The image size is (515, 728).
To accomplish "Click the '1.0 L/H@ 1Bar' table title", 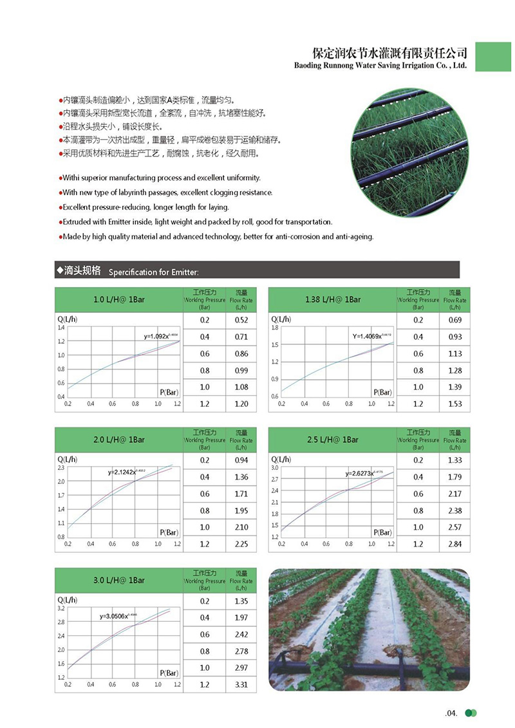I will pyautogui.click(x=119, y=299).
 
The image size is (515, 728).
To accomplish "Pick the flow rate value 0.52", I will pyautogui.click(x=241, y=320).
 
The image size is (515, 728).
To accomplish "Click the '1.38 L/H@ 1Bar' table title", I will pyautogui.click(x=333, y=299).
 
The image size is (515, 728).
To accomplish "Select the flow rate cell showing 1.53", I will pyautogui.click(x=454, y=404).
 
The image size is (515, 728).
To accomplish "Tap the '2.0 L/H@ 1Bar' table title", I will pyautogui.click(x=119, y=440).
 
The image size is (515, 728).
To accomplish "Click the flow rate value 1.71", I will pyautogui.click(x=241, y=494).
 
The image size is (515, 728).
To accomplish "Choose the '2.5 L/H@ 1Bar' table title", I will pyautogui.click(x=333, y=440).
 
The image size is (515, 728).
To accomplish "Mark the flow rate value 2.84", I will pyautogui.click(x=454, y=544).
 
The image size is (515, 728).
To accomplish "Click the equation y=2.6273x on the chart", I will pyautogui.click(x=364, y=474).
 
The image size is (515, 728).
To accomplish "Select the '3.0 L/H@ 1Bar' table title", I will pyautogui.click(x=119, y=580).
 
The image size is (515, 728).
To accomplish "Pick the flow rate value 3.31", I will pyautogui.click(x=241, y=684).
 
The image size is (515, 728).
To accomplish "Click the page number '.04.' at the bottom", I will pyautogui.click(x=450, y=713).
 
